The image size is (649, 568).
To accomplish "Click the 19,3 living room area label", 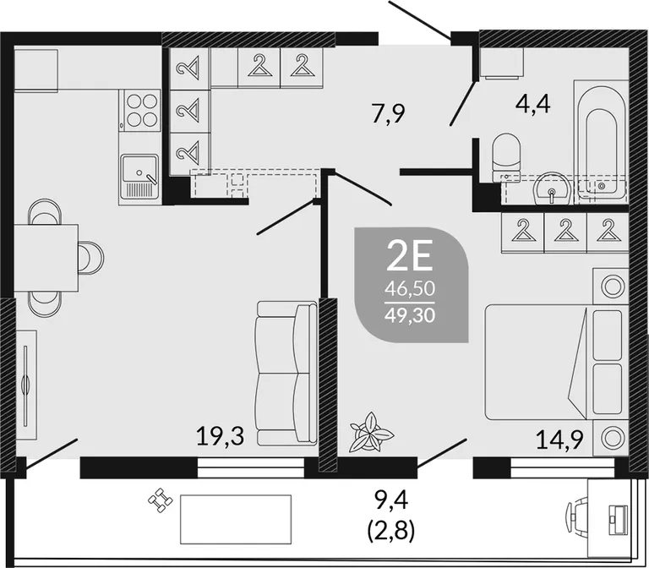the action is (221, 436).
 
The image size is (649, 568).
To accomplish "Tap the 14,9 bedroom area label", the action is (559, 440).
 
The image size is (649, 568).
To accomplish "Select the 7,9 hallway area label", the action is (388, 113).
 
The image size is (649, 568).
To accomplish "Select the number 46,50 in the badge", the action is (410, 288).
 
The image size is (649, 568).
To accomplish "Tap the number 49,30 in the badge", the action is (410, 315).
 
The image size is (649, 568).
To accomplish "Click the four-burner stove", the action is (139, 110).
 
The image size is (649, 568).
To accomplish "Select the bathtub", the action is (602, 142).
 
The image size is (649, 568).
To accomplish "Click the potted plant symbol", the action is (370, 432).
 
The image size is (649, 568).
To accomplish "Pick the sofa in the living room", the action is (286, 374).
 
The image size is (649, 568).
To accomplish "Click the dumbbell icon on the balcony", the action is (161, 500).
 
